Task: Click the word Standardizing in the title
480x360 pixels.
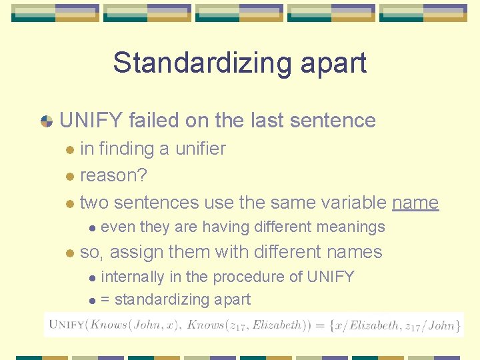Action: click(x=199, y=63)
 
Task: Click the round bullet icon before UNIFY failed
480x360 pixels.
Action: click(x=47, y=121)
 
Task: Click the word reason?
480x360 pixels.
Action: click(x=113, y=175)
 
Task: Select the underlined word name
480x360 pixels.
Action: click(x=415, y=202)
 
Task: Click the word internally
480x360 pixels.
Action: click(x=132, y=277)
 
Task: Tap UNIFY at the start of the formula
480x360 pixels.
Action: click(x=66, y=325)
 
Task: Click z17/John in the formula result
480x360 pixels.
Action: click(x=431, y=325)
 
